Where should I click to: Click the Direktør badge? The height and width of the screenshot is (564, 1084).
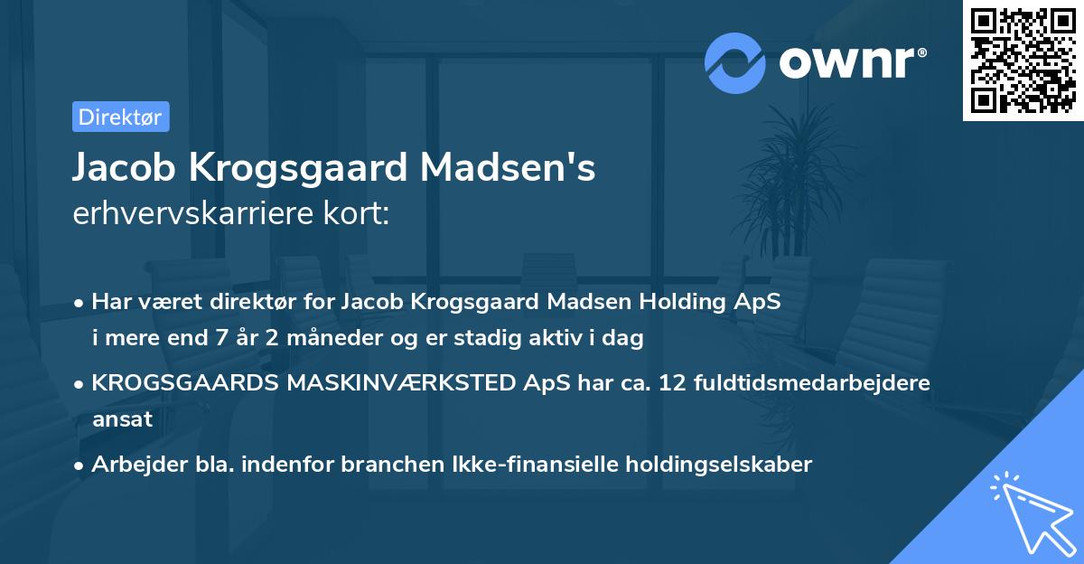click(x=120, y=117)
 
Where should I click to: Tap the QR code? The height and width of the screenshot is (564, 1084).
click(x=1023, y=60)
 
